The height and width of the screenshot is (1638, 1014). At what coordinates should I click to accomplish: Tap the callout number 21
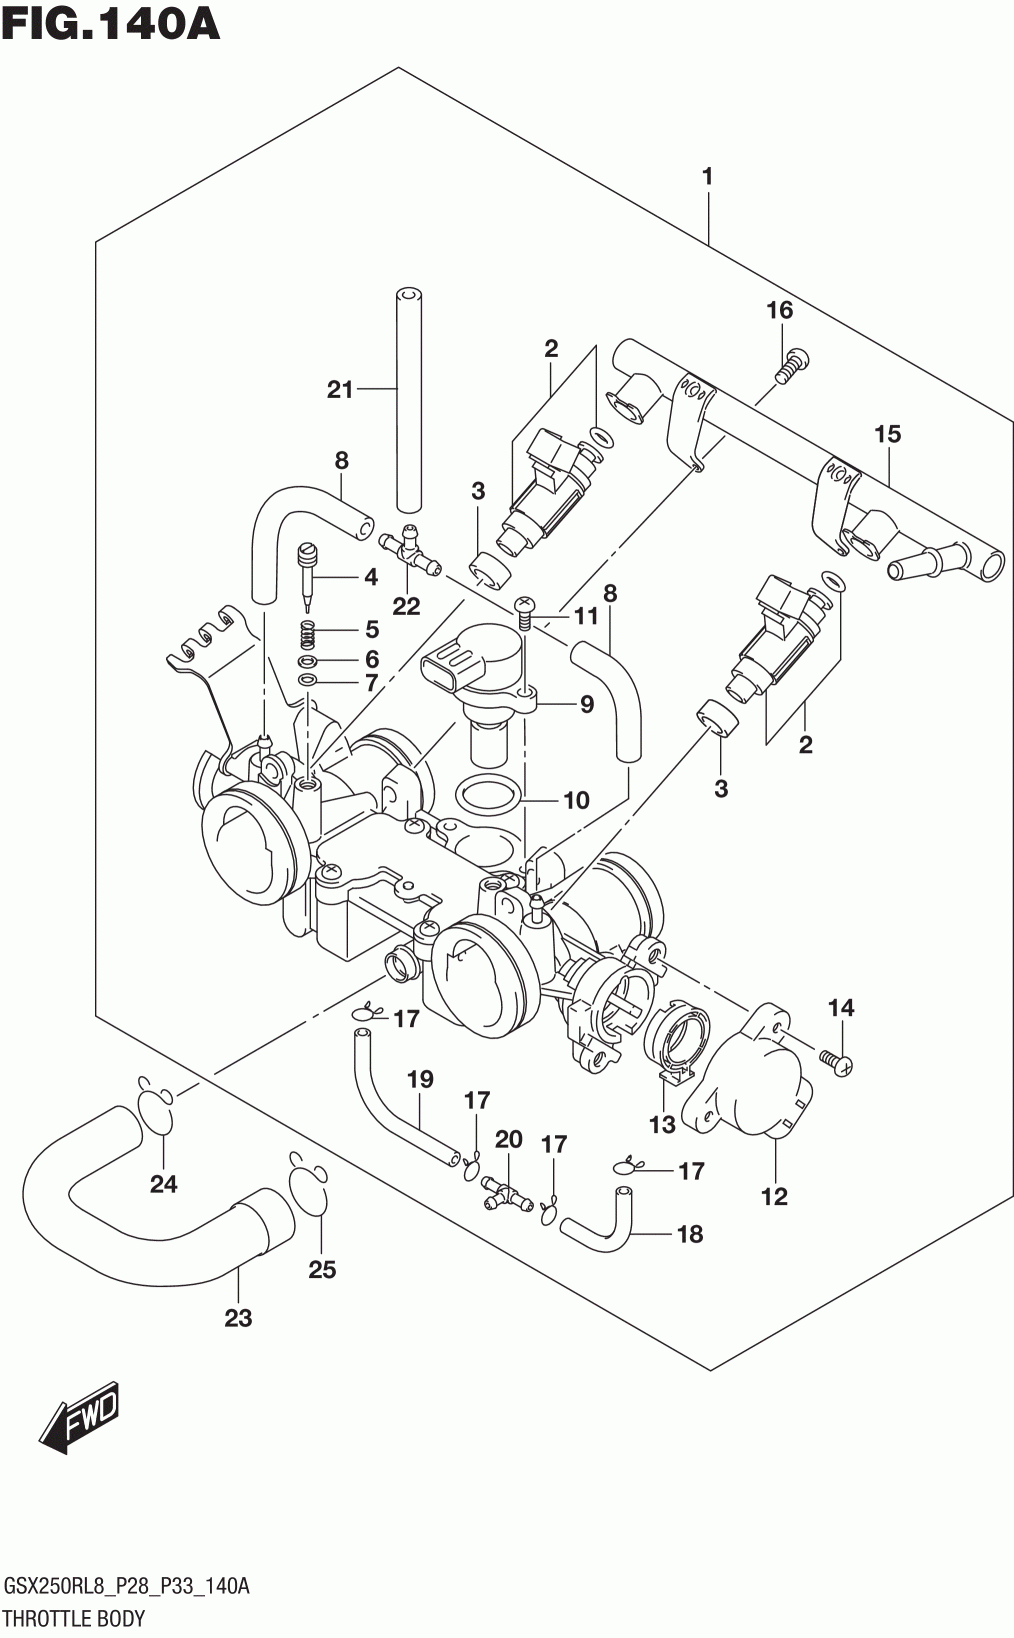[x=340, y=390]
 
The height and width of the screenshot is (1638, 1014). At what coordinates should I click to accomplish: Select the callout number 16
[x=779, y=310]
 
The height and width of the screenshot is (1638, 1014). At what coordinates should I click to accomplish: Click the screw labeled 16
[x=792, y=365]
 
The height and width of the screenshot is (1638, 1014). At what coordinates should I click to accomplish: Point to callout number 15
[x=888, y=434]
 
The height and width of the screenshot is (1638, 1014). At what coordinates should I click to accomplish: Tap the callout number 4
[x=371, y=577]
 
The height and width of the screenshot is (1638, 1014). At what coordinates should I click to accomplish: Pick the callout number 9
[x=586, y=704]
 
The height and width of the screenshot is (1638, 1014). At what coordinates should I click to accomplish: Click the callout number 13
[x=662, y=1124]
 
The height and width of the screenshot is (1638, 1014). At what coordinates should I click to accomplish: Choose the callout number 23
[x=238, y=1318]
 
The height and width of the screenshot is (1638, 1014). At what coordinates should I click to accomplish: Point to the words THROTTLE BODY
[x=74, y=1617]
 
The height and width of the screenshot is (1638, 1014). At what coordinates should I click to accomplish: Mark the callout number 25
[x=322, y=1269]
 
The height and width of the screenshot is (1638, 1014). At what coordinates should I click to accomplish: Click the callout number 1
[x=707, y=176]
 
